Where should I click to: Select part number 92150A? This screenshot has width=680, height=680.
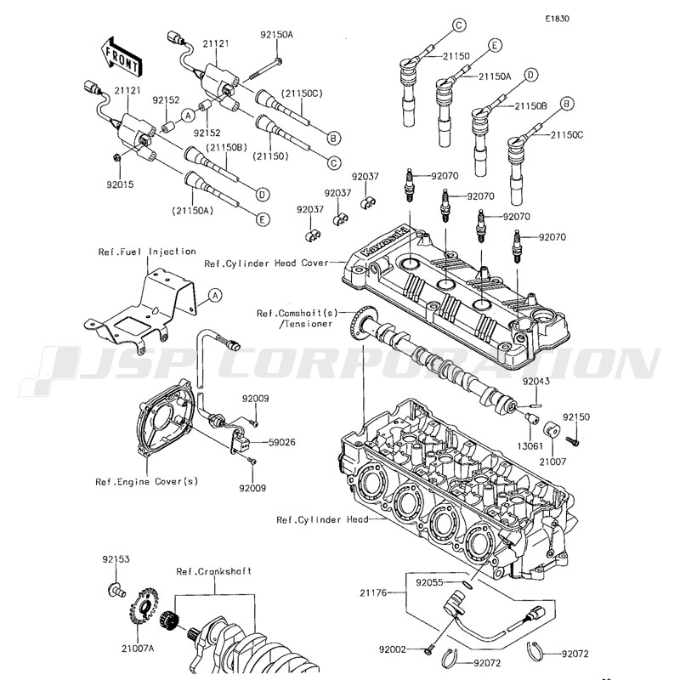[276, 35]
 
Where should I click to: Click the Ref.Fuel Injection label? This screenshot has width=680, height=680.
[147, 252]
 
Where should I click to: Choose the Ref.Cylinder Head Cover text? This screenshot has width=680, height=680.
[265, 263]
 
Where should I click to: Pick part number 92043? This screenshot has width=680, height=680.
[537, 382]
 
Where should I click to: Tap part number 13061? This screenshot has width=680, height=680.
[531, 445]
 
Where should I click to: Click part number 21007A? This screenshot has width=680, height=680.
[137, 648]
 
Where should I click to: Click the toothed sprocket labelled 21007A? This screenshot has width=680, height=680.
[142, 609]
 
